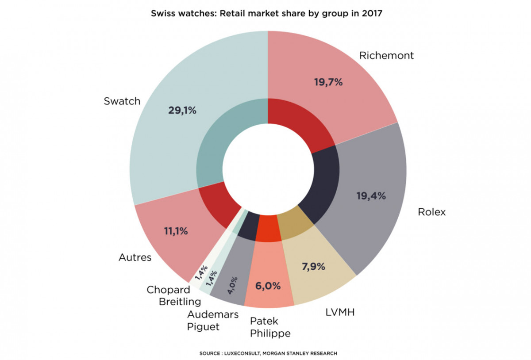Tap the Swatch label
[x=122, y=101]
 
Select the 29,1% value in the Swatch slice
[x=182, y=111]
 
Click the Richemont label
[x=386, y=56]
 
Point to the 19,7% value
[x=328, y=82]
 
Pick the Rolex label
[x=431, y=212]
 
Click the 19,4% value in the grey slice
[x=371, y=196]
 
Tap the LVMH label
[x=339, y=313]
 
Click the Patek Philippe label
[x=270, y=327]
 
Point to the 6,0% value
[x=268, y=286]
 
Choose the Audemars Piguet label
[x=213, y=321]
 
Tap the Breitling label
[x=180, y=302]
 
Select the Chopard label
[x=168, y=290]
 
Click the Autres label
[x=135, y=257]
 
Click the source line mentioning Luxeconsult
[x=269, y=353]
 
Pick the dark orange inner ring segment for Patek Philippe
[x=269, y=229]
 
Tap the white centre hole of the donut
[x=268, y=170]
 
